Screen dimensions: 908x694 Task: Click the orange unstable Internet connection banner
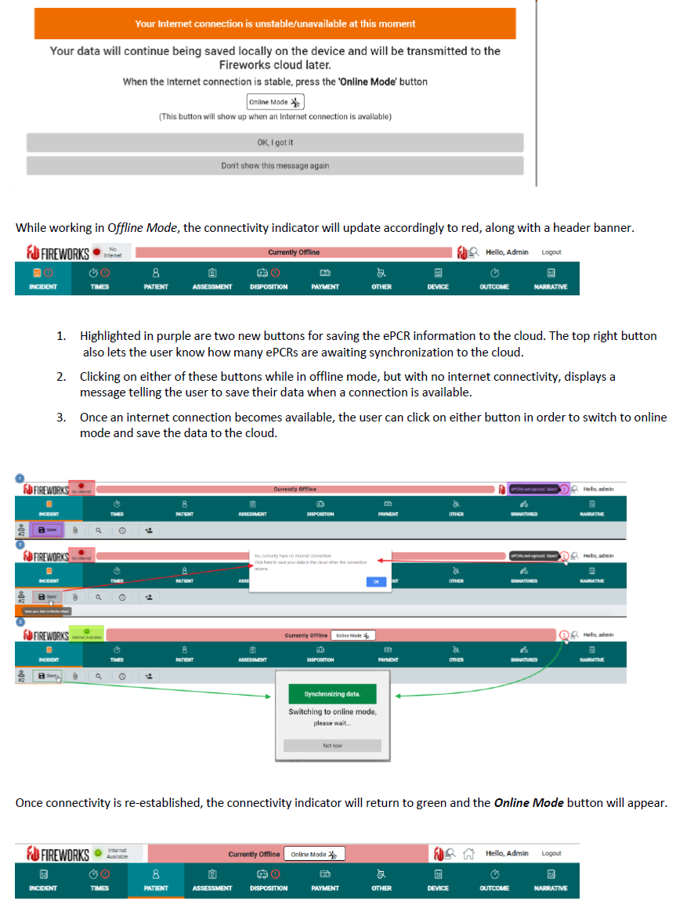pyautogui.click(x=275, y=24)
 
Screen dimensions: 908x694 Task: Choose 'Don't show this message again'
pyautogui.click(x=275, y=165)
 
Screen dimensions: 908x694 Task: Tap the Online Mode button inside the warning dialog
pyautogui.click(x=275, y=102)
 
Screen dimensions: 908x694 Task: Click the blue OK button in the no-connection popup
pyautogui.click(x=376, y=581)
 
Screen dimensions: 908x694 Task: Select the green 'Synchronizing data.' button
pyautogui.click(x=332, y=694)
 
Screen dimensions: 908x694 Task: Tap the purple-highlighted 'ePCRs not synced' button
pyautogui.click(x=534, y=489)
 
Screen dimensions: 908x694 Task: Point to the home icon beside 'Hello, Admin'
pyautogui.click(x=469, y=854)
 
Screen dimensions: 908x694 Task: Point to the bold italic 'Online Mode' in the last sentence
pyautogui.click(x=529, y=803)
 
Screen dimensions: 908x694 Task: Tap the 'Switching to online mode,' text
pyautogui.click(x=332, y=711)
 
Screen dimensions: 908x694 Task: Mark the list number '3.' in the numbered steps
pyautogui.click(x=61, y=418)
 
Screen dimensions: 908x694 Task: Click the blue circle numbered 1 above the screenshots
pyautogui.click(x=20, y=477)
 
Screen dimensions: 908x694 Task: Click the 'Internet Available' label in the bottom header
pyautogui.click(x=117, y=853)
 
